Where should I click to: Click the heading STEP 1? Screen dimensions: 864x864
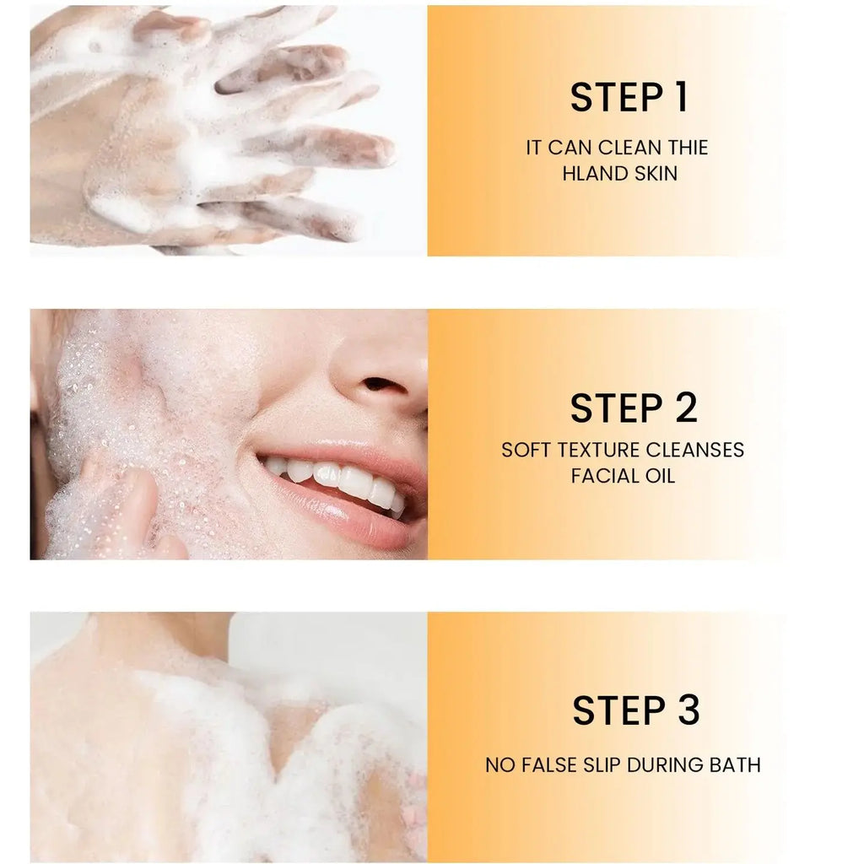pos(629,97)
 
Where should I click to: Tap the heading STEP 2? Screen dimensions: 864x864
pos(634,408)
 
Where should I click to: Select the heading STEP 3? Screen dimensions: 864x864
pos(635,710)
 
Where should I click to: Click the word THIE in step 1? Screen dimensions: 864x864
pos(688,148)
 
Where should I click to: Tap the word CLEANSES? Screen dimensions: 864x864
pos(697,451)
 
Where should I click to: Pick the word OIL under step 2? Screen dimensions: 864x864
pos(658,476)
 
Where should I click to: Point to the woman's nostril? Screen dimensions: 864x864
pos(385,384)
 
